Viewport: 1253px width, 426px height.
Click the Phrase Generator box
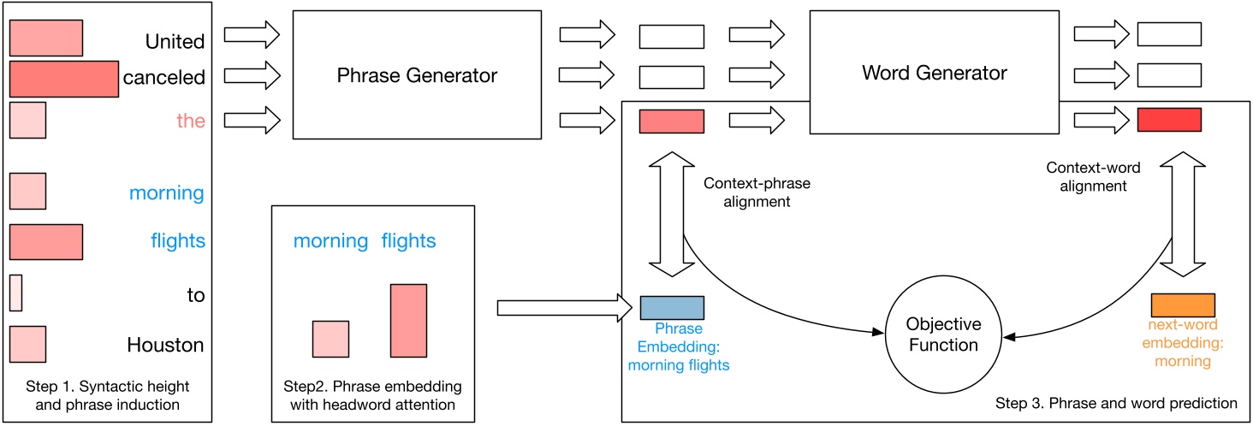[x=417, y=74]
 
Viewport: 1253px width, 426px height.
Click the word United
[x=175, y=41]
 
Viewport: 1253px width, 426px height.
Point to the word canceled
[x=163, y=78]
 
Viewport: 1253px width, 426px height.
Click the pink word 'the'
[x=191, y=121]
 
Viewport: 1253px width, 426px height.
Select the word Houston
[x=165, y=346]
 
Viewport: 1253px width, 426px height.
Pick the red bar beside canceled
[x=63, y=79]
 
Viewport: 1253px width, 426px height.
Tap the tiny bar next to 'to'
[x=15, y=293]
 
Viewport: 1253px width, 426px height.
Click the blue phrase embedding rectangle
[x=672, y=307]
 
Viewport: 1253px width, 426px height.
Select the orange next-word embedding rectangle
[x=1183, y=305]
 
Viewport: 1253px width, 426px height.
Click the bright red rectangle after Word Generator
[x=1169, y=121]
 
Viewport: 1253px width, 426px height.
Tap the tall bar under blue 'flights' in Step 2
[x=408, y=321]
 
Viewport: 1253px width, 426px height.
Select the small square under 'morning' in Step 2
[x=330, y=339]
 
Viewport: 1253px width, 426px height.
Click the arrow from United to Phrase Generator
[x=252, y=35]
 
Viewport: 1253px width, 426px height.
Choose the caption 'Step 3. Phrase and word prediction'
[x=1117, y=402]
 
